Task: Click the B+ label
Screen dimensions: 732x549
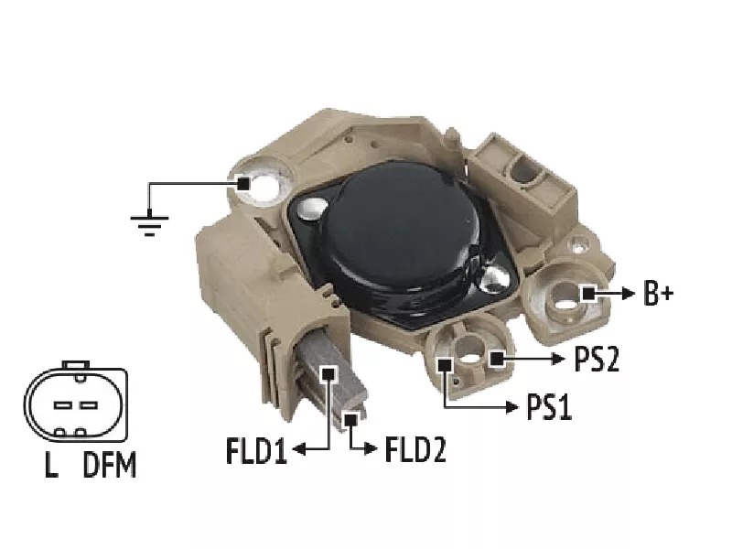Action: (x=658, y=293)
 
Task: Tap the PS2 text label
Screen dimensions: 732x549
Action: (x=597, y=359)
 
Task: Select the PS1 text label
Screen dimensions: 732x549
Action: (x=549, y=406)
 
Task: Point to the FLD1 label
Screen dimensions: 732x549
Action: (x=256, y=450)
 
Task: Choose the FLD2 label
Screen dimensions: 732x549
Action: (x=415, y=449)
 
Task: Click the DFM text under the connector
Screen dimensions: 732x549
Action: (x=110, y=465)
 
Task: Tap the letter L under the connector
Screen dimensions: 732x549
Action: (x=51, y=465)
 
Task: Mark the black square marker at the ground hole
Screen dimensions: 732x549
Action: (x=243, y=184)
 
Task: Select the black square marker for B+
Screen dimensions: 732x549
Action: (x=588, y=294)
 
